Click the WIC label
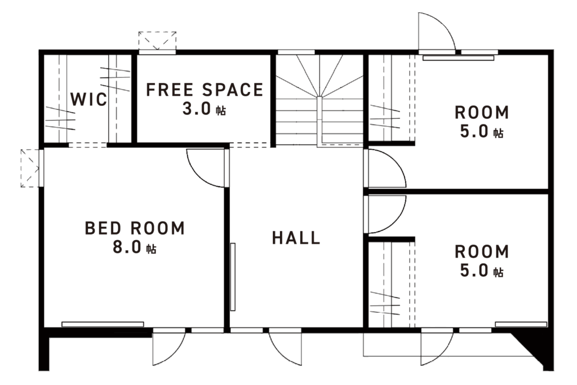click(x=88, y=99)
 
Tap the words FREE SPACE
click(x=205, y=90)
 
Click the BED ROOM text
click(x=135, y=228)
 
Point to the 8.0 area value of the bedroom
click(x=127, y=247)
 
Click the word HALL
click(x=296, y=238)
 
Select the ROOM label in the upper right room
click(x=482, y=113)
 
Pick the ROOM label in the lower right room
click(x=482, y=252)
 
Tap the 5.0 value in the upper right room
click(x=474, y=131)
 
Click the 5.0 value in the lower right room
click(x=474, y=271)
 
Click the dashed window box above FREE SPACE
click(x=158, y=41)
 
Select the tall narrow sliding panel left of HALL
click(x=233, y=277)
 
